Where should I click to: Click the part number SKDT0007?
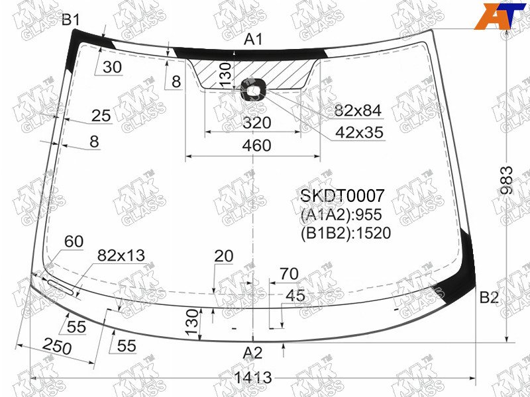(x=343, y=195)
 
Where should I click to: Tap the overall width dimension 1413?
(x=254, y=377)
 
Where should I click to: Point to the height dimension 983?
(x=507, y=180)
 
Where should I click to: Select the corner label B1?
(x=71, y=20)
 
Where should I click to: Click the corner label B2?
(x=489, y=297)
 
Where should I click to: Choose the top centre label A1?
(x=253, y=40)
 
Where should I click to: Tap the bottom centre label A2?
(x=252, y=353)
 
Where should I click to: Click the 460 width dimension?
(x=257, y=146)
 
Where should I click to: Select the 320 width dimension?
(x=257, y=123)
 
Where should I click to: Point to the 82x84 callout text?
(x=358, y=110)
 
